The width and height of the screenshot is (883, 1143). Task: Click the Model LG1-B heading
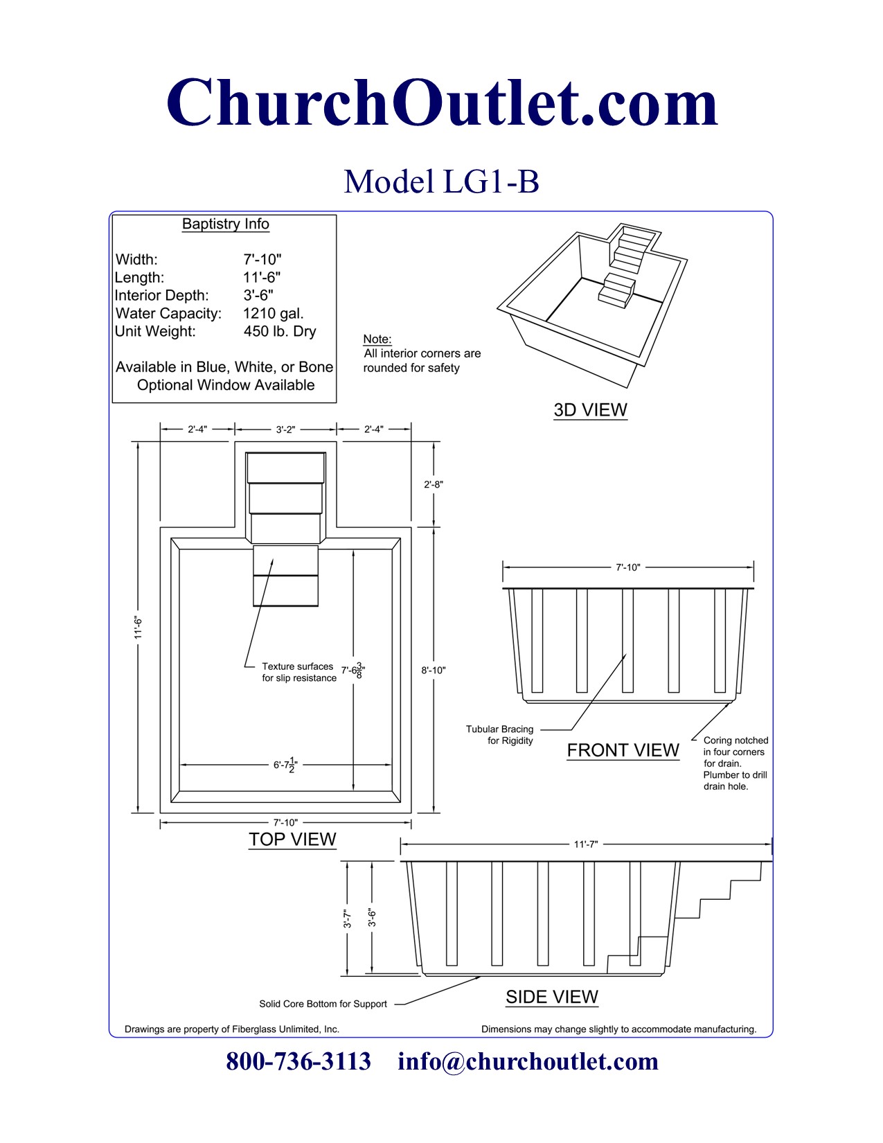coord(441,181)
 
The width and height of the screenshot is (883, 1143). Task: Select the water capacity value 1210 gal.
coord(273,313)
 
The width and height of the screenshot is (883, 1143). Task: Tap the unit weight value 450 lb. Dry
coord(279,331)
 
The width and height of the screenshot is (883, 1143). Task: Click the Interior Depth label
coord(161,295)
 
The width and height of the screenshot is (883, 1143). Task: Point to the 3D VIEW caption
coord(590,409)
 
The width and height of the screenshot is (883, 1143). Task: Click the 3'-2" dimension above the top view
coord(285,429)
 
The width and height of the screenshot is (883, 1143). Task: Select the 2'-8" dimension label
coord(434,484)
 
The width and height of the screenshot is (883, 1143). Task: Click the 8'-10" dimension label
coord(434,670)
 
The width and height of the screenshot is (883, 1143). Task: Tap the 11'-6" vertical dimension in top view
coord(139,627)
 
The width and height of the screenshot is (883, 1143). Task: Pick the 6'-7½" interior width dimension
coord(285,765)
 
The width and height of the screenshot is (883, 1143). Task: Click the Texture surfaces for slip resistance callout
coord(298,672)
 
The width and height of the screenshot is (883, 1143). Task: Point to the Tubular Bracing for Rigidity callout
coord(499,734)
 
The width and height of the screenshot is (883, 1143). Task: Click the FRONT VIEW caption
coord(623,750)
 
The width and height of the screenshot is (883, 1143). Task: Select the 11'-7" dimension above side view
coord(585,844)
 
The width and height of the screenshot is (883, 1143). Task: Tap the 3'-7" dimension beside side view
coord(348,919)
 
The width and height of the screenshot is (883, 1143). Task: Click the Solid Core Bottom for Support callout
coord(323,1004)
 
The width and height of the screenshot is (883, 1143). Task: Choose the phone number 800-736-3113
coord(298,1061)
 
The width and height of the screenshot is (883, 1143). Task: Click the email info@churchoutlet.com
coord(528,1061)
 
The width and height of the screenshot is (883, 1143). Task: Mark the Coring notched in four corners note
coord(735,763)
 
